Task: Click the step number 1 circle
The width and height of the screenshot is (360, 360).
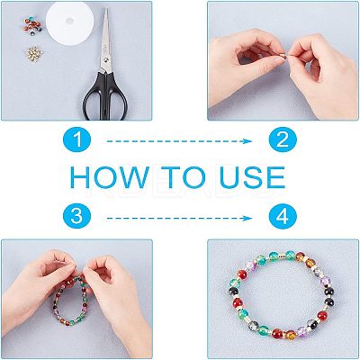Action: tap(76, 139)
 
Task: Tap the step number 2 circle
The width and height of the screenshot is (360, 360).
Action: tap(283, 139)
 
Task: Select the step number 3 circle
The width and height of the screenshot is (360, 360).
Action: tap(76, 216)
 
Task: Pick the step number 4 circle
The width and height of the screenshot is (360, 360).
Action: tap(283, 216)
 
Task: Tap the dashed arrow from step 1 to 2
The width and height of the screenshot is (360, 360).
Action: tap(179, 141)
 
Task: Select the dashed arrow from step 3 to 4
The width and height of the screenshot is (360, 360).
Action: tap(179, 218)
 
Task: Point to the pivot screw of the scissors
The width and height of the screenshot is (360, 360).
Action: tap(106, 60)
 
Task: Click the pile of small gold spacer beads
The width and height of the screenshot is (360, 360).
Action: tap(33, 54)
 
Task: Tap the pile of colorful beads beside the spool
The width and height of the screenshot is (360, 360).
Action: tap(32, 26)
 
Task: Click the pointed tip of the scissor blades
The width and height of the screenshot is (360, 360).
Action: tap(106, 9)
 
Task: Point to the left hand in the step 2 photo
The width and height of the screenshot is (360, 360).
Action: tap(246, 65)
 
